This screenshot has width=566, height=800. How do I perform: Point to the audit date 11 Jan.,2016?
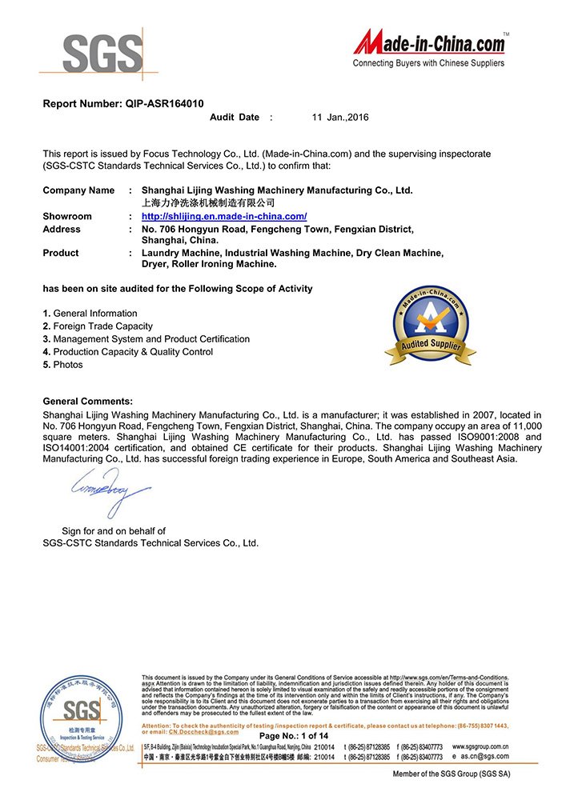[x=340, y=118]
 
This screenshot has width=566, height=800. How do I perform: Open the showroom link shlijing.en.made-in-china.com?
[x=224, y=216]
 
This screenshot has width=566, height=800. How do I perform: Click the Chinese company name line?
[x=207, y=203]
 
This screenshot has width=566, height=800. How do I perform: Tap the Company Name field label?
[x=78, y=190]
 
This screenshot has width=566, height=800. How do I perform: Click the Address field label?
[x=62, y=229]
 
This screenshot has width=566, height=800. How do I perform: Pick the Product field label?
[x=61, y=253]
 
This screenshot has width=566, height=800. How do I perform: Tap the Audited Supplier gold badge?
[x=430, y=326]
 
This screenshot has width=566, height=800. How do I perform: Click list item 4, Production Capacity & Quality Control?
[x=128, y=352]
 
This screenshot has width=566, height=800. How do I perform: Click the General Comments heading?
[x=87, y=401]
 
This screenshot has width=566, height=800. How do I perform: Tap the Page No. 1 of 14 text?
[x=294, y=735]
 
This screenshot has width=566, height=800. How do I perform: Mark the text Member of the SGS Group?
[x=451, y=774]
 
